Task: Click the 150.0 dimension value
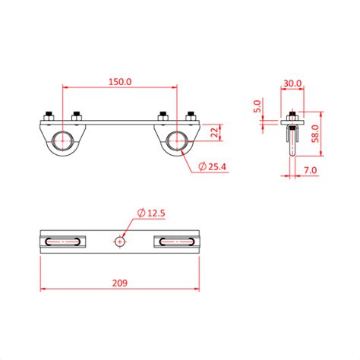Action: (x=121, y=81)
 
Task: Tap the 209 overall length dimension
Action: (x=120, y=283)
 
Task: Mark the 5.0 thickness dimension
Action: (x=258, y=106)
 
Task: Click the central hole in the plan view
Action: (x=120, y=242)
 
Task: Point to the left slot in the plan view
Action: (x=62, y=242)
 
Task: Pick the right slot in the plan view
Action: (x=178, y=242)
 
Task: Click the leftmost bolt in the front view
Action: (x=48, y=117)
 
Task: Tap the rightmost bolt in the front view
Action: (x=192, y=117)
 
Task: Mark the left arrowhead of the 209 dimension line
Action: (x=43, y=289)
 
